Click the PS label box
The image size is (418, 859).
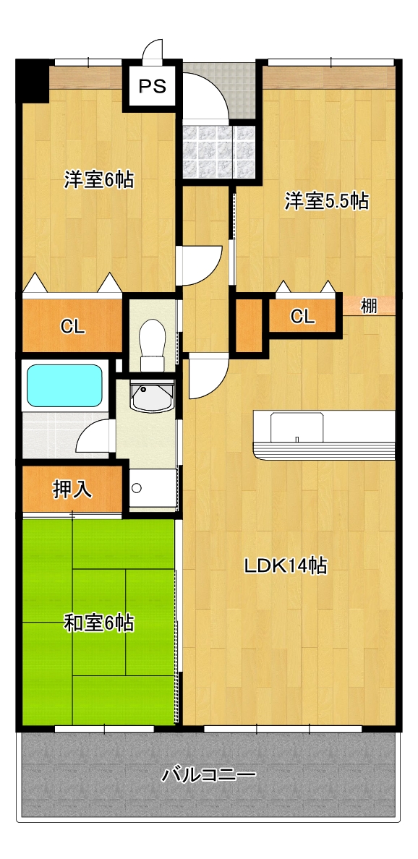click(x=152, y=86)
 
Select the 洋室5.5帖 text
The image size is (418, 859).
click(x=325, y=201)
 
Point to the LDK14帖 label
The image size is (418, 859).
click(x=286, y=565)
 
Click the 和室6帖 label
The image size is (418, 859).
click(x=98, y=623)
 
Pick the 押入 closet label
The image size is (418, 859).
click(x=72, y=490)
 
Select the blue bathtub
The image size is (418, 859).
click(x=64, y=385)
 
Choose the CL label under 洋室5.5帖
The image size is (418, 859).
click(x=302, y=316)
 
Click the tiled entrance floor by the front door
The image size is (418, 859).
click(x=218, y=152)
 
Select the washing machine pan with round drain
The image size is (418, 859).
click(x=153, y=488)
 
